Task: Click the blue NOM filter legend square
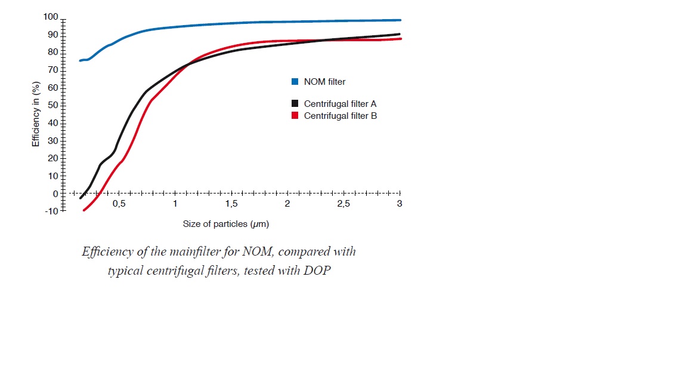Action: click(x=295, y=82)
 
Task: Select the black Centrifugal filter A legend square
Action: click(x=295, y=104)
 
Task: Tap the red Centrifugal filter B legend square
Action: click(x=295, y=116)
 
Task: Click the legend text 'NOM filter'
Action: click(x=324, y=82)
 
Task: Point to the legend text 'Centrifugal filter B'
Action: click(x=340, y=116)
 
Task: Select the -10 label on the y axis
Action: click(x=51, y=211)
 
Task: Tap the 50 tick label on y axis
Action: click(x=52, y=105)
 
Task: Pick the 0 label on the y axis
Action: click(x=55, y=193)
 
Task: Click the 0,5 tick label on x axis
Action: click(x=119, y=204)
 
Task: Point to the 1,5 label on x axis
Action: click(x=231, y=204)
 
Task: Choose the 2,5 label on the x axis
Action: click(x=343, y=204)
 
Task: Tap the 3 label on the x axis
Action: click(x=400, y=204)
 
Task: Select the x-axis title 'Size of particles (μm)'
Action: click(x=226, y=224)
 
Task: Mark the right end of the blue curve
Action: click(x=400, y=20)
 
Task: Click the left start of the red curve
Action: click(x=83, y=210)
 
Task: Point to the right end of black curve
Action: click(x=400, y=34)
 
